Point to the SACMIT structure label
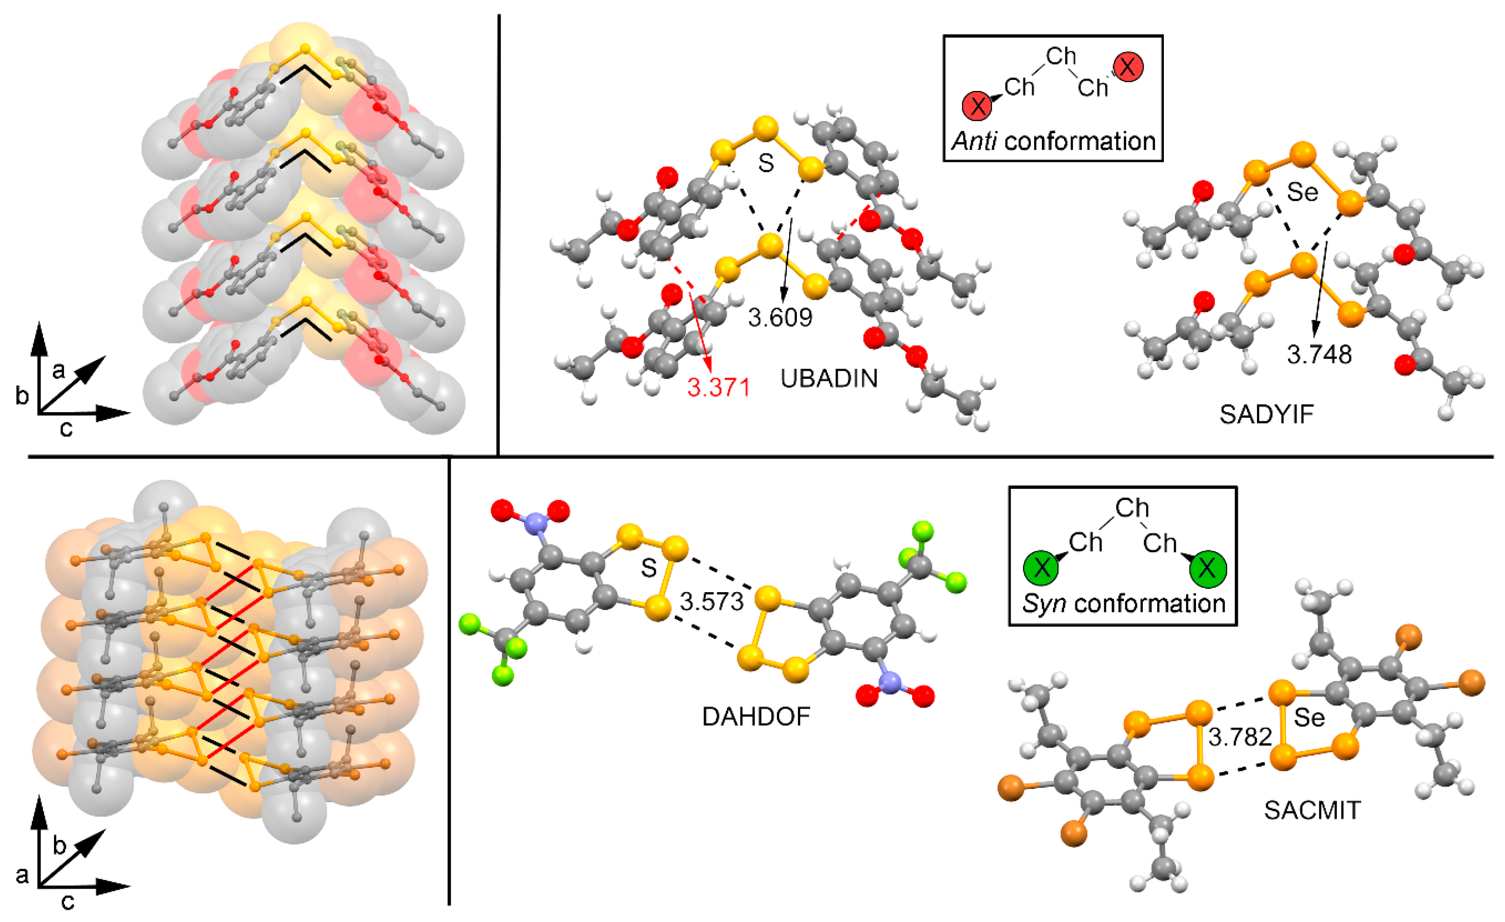(x=1312, y=810)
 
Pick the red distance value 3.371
(x=718, y=387)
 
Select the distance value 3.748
(x=1319, y=355)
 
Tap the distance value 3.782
(x=1240, y=737)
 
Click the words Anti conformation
(x=1053, y=142)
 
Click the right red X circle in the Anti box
(x=1128, y=67)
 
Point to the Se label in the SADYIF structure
(x=1302, y=193)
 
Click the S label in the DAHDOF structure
(x=648, y=568)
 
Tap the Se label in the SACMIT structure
(x=1309, y=717)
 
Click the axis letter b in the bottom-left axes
(x=59, y=846)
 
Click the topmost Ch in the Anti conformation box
(x=1060, y=56)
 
